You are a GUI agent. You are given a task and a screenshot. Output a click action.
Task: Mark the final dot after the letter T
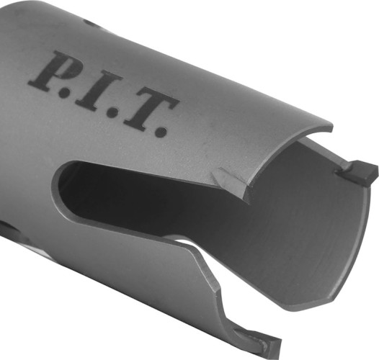point(161,132)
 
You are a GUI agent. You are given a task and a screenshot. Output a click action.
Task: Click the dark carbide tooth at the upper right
point(362,174)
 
